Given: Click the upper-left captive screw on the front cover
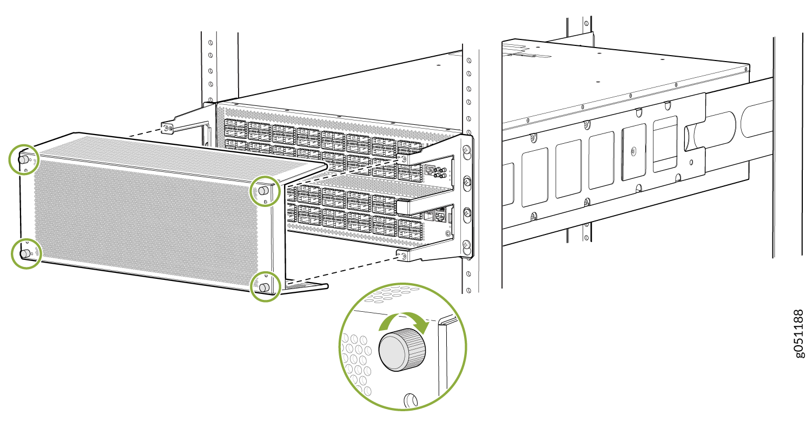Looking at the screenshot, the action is tap(23, 159).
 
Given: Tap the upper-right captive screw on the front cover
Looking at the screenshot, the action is tap(263, 190).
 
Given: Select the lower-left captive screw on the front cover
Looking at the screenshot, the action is tap(25, 254).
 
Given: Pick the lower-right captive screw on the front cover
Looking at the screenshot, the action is tap(264, 287).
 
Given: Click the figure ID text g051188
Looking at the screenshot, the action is tap(800, 334).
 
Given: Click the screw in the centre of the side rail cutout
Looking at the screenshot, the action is tap(633, 151).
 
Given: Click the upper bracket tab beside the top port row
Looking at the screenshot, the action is tap(402, 158).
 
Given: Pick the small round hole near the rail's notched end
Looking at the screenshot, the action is tap(692, 163).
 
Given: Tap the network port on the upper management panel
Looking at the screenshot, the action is tap(430, 170).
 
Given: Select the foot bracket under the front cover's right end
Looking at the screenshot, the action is tap(305, 286).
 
